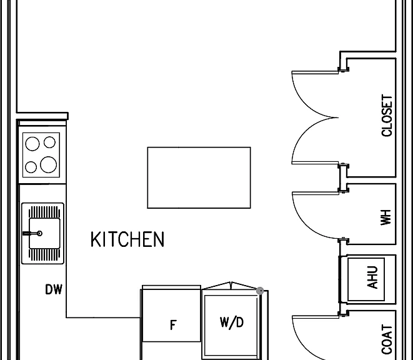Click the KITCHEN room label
[x=127, y=239]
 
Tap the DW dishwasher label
[x=54, y=289]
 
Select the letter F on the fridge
[x=173, y=325]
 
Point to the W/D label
[x=232, y=322]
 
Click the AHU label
[x=372, y=277]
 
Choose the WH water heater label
[x=386, y=217]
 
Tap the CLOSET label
[x=387, y=116]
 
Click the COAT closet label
[x=387, y=339]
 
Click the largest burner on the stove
[x=48, y=164]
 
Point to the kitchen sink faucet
[x=32, y=233]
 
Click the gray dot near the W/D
[x=260, y=291]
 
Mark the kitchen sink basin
[x=44, y=233]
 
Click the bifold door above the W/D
[x=230, y=286]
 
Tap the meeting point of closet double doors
[x=338, y=117]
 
